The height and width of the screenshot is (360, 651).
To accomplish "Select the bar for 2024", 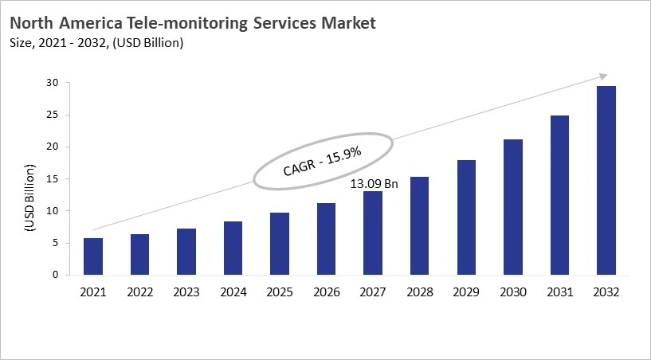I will pyautogui.click(x=233, y=248).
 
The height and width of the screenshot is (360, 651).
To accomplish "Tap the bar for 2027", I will pyautogui.click(x=372, y=233).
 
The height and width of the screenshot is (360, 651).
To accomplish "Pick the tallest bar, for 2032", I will pyautogui.click(x=606, y=181).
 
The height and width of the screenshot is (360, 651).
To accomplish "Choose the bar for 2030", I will pyautogui.click(x=512, y=207).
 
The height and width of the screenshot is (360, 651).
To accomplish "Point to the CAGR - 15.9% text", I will pyautogui.click(x=323, y=161).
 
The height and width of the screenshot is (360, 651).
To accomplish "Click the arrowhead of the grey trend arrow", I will pyautogui.click(x=602, y=76).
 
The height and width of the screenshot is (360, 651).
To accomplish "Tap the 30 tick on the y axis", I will pyautogui.click(x=53, y=83).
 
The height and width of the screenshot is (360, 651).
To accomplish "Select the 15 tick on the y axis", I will pyautogui.click(x=53, y=179).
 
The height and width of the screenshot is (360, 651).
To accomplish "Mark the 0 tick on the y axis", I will pyautogui.click(x=56, y=275).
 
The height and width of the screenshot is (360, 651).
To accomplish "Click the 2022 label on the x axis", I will pyautogui.click(x=139, y=292).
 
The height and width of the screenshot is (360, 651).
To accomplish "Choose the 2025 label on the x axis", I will pyautogui.click(x=279, y=292).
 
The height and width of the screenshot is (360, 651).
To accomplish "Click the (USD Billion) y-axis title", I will pyautogui.click(x=30, y=197).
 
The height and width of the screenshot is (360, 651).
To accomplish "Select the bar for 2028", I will pyautogui.click(x=419, y=226).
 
